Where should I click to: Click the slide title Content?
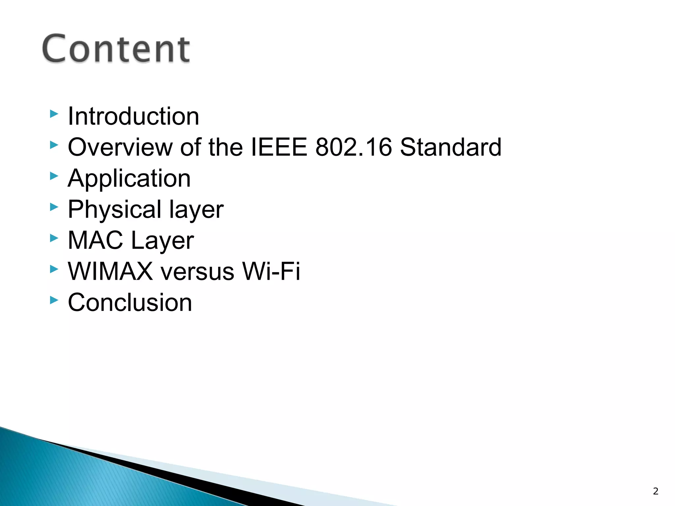116,49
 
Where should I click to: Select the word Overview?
120,147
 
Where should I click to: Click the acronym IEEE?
279,147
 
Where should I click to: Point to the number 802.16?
353,147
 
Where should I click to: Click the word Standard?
450,147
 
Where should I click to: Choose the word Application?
129,179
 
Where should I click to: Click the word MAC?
95,240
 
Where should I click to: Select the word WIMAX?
110,271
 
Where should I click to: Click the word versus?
197,271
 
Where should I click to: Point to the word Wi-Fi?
271,271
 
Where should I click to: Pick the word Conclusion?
130,302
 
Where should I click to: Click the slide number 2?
656,491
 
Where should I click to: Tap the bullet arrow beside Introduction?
54,114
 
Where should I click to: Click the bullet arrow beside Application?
54,176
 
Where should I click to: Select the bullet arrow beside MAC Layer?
54,238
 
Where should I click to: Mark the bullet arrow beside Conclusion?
54,300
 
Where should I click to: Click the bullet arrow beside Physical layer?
54,207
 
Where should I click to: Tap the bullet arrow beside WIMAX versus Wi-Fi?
54,269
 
